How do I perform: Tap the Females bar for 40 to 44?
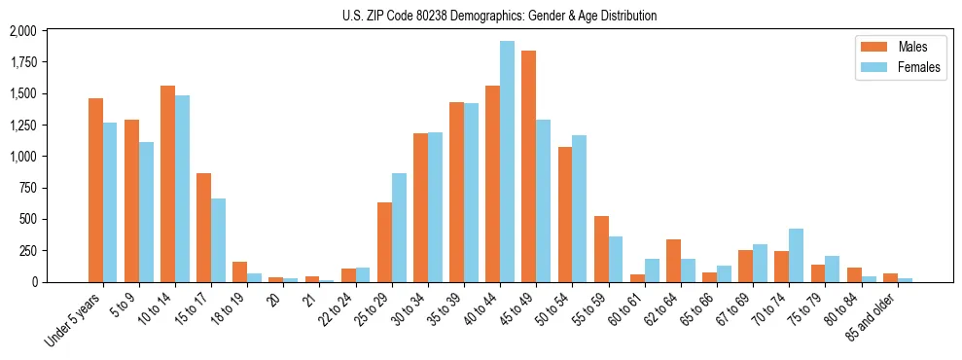pyautogui.click(x=507, y=162)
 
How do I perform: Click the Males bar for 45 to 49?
pyautogui.click(x=528, y=166)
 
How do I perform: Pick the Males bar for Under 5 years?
pyautogui.click(x=95, y=190)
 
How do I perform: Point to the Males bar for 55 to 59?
pyautogui.click(x=601, y=249)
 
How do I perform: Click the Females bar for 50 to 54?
pyautogui.click(x=580, y=208)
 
